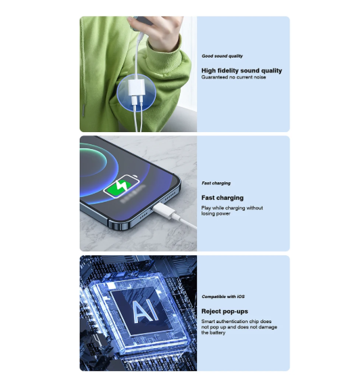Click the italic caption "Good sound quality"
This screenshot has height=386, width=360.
point(222,56)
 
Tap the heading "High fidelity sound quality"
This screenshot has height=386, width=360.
point(242,70)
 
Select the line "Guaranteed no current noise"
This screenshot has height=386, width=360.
point(233,77)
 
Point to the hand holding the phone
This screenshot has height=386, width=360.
point(153,30)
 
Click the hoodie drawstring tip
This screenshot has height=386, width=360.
point(84,110)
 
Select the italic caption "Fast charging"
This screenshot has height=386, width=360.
point(216,183)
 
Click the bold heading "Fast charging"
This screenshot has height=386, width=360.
point(223,198)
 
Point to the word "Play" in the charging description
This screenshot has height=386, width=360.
point(206,209)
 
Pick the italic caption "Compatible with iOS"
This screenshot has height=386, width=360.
point(223,297)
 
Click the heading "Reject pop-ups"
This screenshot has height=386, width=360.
point(225,312)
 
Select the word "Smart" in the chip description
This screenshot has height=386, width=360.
point(208,322)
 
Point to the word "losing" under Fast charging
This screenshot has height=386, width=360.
point(208,214)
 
